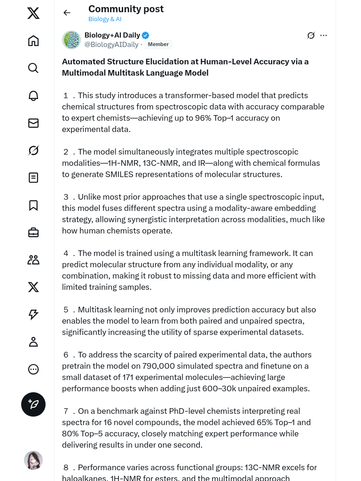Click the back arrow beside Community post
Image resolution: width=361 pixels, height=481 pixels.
tap(67, 13)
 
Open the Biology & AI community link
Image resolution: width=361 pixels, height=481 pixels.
tap(105, 19)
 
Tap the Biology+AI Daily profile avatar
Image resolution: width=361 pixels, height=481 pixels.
tap(71, 40)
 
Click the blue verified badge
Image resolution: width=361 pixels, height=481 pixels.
tap(146, 35)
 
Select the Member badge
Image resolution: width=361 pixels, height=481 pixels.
tap(158, 45)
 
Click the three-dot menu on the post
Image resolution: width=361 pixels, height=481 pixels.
tap(323, 35)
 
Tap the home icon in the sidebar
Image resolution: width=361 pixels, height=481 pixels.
tap(33, 41)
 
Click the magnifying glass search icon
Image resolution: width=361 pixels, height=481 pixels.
tap(33, 68)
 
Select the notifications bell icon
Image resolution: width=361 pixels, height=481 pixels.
tap(33, 96)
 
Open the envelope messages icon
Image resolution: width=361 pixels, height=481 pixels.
tap(33, 123)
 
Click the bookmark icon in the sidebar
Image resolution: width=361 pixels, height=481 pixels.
tap(33, 205)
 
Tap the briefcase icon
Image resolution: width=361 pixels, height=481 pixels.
tap(33, 233)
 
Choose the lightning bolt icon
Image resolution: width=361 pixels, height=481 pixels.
tap(33, 315)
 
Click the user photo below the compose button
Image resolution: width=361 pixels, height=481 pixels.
tap(33, 460)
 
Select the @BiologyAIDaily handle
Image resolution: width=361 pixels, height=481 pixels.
tap(111, 45)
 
